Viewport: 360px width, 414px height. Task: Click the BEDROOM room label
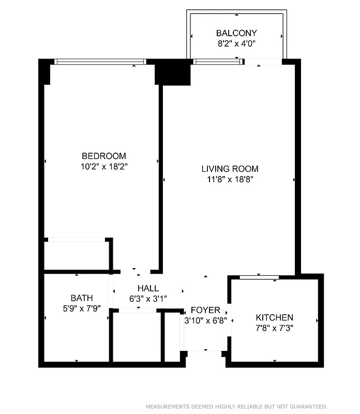click(x=103, y=156)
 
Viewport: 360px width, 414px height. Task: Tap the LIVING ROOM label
click(x=230, y=169)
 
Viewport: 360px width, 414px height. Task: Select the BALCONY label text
click(x=236, y=33)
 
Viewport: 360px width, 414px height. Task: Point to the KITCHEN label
click(x=275, y=317)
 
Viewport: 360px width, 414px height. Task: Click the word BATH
click(x=82, y=298)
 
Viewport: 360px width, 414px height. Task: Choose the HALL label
click(x=148, y=288)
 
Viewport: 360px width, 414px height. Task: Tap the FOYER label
click(x=205, y=310)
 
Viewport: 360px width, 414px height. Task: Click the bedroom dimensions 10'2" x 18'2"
click(x=103, y=167)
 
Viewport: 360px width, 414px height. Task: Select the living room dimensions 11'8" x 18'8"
click(x=230, y=180)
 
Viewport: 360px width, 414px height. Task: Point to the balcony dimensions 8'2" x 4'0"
click(x=236, y=44)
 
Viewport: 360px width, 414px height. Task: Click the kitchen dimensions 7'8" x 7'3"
click(x=275, y=328)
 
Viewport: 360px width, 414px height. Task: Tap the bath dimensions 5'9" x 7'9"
click(x=82, y=308)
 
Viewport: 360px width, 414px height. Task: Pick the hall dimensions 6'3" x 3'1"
click(x=148, y=299)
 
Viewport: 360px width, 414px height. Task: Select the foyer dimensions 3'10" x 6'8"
click(x=205, y=320)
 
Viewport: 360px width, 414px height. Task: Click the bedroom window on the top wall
click(x=100, y=62)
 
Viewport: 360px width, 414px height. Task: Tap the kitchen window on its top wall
click(x=260, y=277)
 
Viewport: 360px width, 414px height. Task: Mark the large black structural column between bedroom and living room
click(x=173, y=72)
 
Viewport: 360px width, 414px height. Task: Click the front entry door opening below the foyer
click(x=204, y=354)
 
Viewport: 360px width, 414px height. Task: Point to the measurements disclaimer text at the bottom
click(x=236, y=406)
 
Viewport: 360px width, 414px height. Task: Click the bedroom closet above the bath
click(x=77, y=255)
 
